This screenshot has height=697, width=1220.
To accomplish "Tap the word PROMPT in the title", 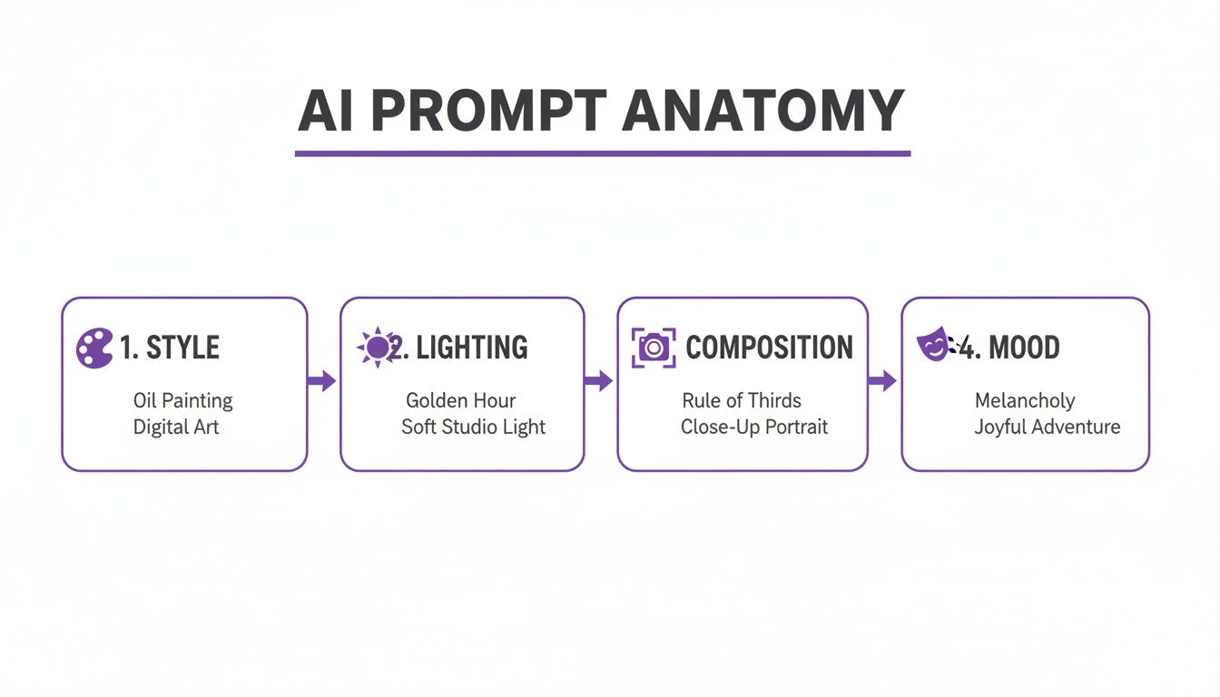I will [x=488, y=111].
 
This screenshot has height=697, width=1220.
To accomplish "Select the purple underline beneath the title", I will [x=603, y=153].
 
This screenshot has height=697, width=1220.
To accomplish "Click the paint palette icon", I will [x=94, y=348].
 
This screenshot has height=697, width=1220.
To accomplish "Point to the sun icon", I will [x=376, y=348].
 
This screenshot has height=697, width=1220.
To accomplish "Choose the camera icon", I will [x=654, y=348].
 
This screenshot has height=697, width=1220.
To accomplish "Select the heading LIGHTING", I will [x=471, y=348].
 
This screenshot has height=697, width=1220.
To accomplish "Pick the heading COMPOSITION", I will [x=769, y=348].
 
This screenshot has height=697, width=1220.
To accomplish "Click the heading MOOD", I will [x=1023, y=348].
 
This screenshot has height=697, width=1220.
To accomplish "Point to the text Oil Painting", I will [x=182, y=401].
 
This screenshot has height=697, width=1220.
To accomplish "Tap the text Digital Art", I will [x=176, y=427].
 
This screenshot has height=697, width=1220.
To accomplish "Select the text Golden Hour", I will [x=460, y=400].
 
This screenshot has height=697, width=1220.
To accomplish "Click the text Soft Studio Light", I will [x=473, y=427].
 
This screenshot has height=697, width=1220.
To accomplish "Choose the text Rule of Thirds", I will [x=742, y=400].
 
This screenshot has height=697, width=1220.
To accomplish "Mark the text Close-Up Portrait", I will [x=754, y=427].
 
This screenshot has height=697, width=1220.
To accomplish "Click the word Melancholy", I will [x=1025, y=401].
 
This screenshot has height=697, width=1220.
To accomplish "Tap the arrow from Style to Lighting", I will [x=321, y=381].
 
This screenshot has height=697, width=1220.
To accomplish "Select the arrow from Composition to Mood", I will [x=882, y=381].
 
